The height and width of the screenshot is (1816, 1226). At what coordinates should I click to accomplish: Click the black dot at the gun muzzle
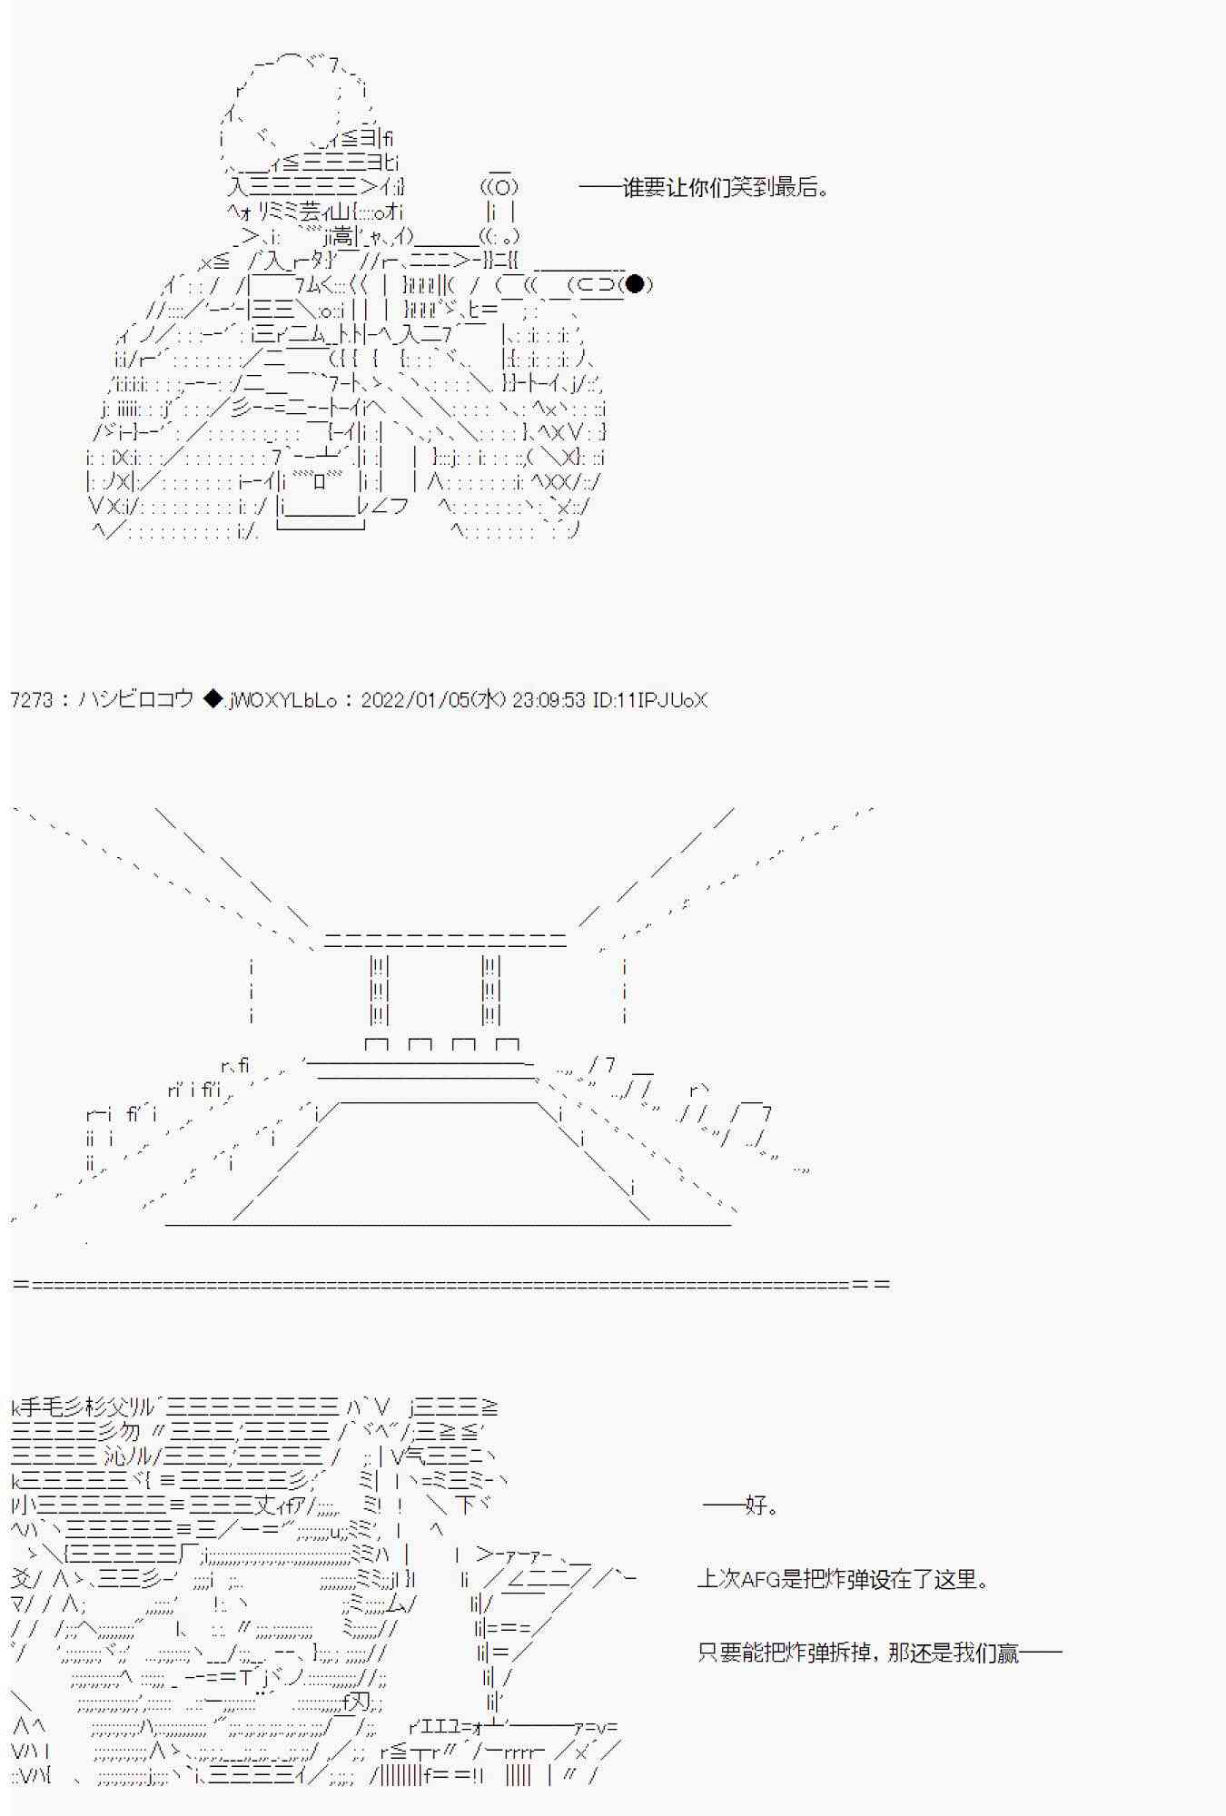(x=636, y=284)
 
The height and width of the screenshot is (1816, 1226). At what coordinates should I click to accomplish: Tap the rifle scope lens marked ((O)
(x=499, y=188)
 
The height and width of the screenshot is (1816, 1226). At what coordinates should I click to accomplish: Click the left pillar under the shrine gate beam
(x=380, y=990)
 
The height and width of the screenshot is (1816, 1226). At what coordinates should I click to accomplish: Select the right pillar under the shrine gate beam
(x=491, y=990)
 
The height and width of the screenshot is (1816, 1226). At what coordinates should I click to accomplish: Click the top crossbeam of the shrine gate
(x=445, y=940)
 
